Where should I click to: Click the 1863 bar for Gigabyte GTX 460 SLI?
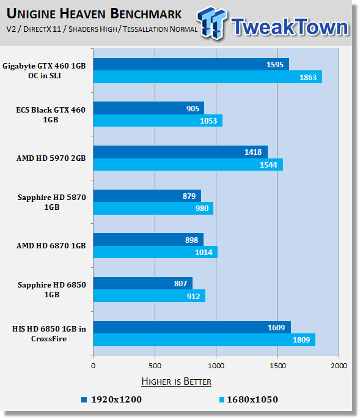click(208, 77)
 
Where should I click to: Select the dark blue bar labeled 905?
click(149, 108)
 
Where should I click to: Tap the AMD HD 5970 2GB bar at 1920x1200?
click(180, 152)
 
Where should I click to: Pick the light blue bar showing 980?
click(153, 208)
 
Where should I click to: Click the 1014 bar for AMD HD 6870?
click(155, 252)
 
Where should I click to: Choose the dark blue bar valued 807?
click(143, 283)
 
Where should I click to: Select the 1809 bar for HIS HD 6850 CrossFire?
click(204, 339)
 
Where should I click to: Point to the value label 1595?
click(275, 65)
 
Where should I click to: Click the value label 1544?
click(268, 165)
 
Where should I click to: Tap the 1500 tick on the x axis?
click(277, 366)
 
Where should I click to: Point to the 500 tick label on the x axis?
click(155, 366)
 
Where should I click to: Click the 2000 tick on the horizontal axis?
click(339, 366)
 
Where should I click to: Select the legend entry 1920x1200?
click(112, 399)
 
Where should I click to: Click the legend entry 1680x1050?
click(249, 399)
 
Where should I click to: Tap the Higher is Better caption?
click(176, 381)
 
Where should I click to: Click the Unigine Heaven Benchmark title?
click(94, 13)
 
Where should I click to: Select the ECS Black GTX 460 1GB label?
click(51, 114)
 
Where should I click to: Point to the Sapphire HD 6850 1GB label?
click(52, 290)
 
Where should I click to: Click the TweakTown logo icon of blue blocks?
click(212, 23)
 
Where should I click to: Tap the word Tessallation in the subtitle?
click(145, 29)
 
